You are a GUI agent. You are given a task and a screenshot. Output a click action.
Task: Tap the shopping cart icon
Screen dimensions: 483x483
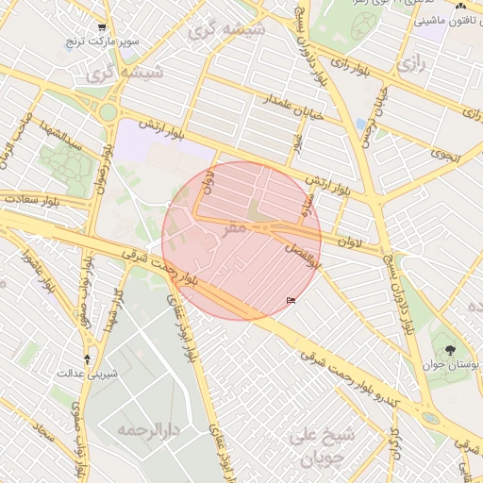click(x=102, y=28)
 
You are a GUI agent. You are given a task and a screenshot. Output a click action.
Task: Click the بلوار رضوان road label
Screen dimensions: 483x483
click(x=99, y=171)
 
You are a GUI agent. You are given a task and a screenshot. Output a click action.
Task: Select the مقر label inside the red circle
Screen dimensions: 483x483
click(x=234, y=227)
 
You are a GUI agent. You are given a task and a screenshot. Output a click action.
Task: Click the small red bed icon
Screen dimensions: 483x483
click(x=291, y=301)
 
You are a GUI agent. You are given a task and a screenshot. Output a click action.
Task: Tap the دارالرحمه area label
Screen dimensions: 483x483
click(x=148, y=430)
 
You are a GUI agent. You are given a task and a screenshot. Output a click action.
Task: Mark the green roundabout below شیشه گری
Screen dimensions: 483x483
click(x=108, y=112)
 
